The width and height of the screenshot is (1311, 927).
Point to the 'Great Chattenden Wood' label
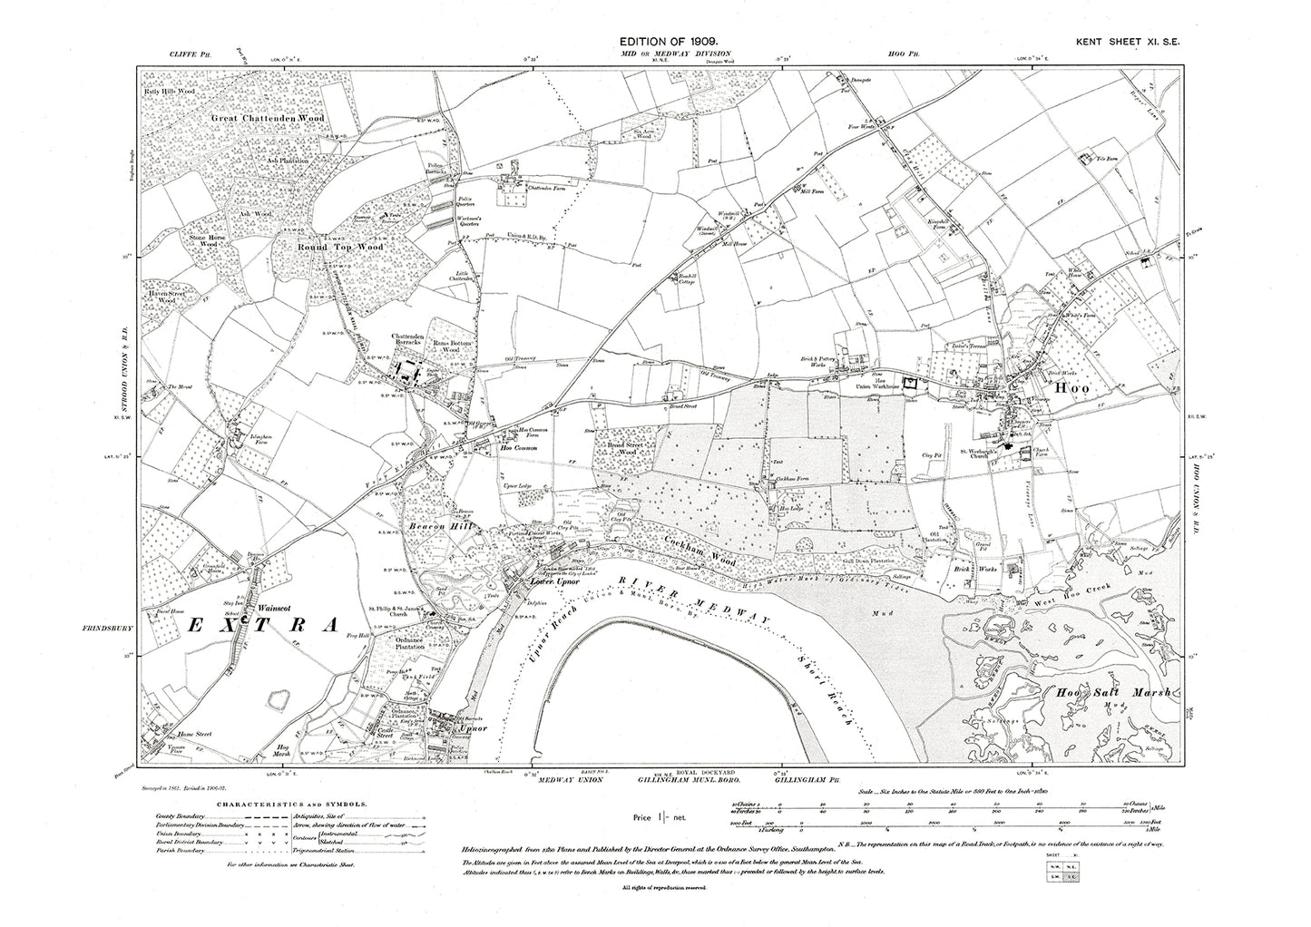(x=268, y=118)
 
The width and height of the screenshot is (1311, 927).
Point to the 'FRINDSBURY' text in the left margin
(x=106, y=626)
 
